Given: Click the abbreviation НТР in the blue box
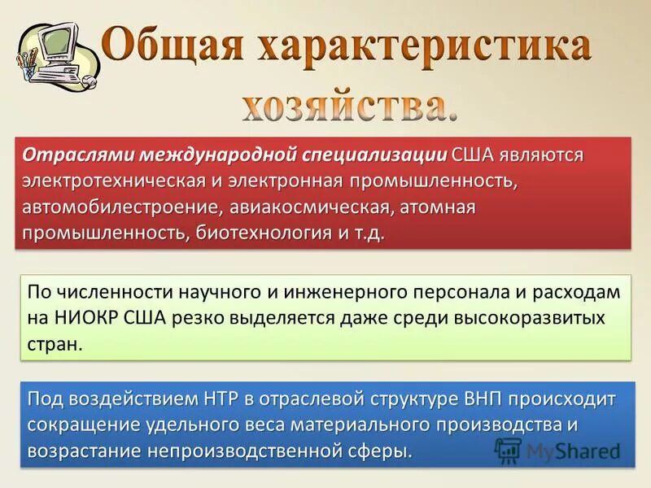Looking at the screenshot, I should [x=227, y=399].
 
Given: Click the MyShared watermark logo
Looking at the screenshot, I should [x=557, y=451].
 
